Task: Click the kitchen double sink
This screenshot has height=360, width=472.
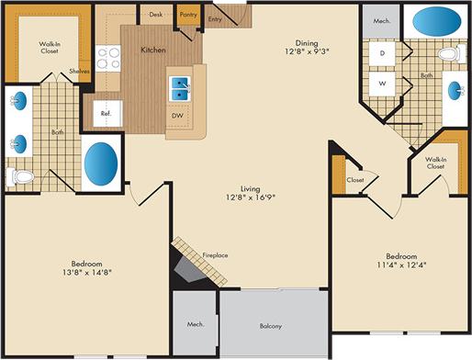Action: pyautogui.click(x=180, y=89)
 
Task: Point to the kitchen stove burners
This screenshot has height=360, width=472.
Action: pyautogui.click(x=109, y=59)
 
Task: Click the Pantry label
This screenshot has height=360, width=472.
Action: pyautogui.click(x=188, y=15)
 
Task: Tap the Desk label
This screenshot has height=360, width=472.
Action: pyautogui.click(x=155, y=15)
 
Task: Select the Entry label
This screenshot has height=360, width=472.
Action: pyautogui.click(x=215, y=18)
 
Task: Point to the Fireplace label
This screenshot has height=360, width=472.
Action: pyautogui.click(x=216, y=254)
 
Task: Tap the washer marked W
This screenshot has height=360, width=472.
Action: pyautogui.click(x=380, y=84)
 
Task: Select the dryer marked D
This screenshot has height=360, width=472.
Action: pyautogui.click(x=380, y=54)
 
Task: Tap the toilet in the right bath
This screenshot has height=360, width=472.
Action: pyautogui.click(x=449, y=54)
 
